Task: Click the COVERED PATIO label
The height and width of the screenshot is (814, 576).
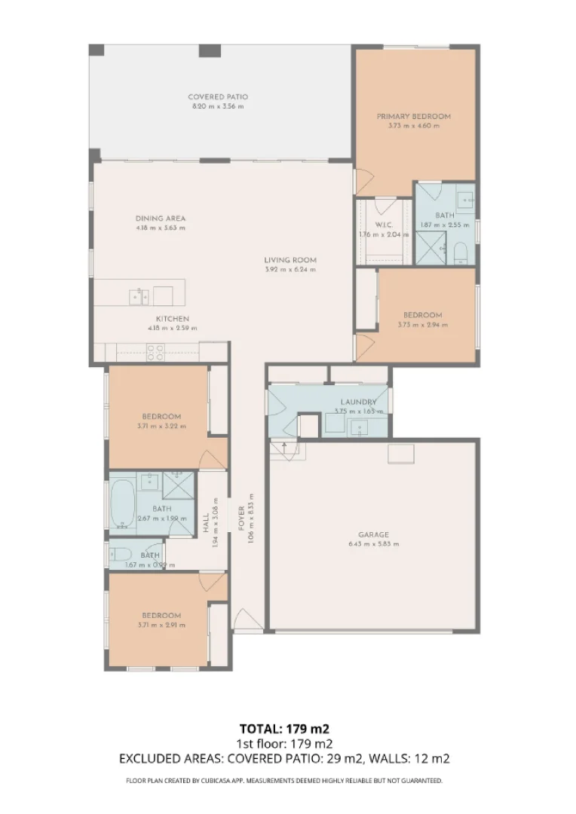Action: pyautogui.click(x=217, y=97)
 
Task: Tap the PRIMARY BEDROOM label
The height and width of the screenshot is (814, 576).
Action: pyautogui.click(x=413, y=117)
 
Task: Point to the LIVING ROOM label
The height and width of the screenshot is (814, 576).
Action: pyautogui.click(x=290, y=260)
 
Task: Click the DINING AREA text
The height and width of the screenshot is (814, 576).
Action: pyautogui.click(x=160, y=219)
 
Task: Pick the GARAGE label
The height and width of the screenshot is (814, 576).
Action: pyautogui.click(x=373, y=534)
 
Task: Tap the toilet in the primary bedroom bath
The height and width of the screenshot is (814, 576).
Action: pyautogui.click(x=461, y=251)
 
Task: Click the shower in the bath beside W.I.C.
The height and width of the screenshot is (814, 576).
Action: pyautogui.click(x=430, y=248)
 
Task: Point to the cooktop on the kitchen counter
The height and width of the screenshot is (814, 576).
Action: pyautogui.click(x=155, y=352)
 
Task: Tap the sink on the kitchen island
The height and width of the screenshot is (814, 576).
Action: pyautogui.click(x=139, y=295)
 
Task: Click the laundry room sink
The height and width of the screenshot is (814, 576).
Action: pyautogui.click(x=359, y=428)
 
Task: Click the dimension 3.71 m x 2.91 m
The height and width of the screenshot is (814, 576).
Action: pyautogui.click(x=161, y=625)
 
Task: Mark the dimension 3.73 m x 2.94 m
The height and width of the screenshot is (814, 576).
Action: pyautogui.click(x=422, y=325)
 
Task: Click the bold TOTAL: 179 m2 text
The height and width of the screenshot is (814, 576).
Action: pyautogui.click(x=284, y=728)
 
